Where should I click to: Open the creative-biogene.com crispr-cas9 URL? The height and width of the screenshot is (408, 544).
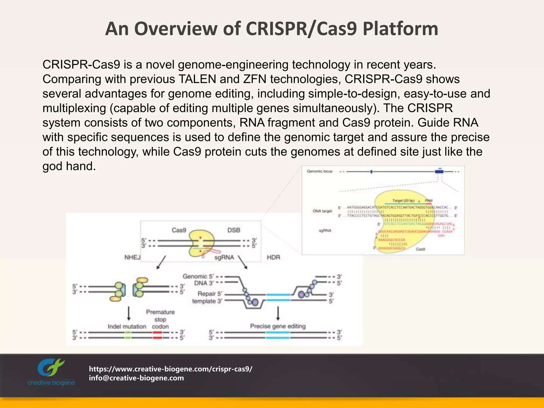point(171,369)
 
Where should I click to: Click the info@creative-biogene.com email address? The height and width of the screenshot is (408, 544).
point(136,378)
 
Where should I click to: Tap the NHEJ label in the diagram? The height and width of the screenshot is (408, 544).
point(132,257)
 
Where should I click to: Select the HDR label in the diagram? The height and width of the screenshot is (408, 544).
point(273,257)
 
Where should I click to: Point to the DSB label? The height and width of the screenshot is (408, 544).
point(233,230)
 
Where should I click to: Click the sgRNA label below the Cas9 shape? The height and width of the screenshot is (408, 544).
point(224,257)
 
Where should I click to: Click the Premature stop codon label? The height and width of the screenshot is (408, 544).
point(160,319)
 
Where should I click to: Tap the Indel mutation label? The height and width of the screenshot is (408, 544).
point(127,326)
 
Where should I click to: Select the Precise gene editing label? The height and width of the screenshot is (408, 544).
point(278,326)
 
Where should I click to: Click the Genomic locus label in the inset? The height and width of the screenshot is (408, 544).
point(320,171)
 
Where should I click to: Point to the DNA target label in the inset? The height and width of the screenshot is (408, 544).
point(322,211)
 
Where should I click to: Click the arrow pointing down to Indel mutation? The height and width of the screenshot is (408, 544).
point(129,314)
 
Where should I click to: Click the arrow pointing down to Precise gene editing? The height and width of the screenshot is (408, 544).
point(278,314)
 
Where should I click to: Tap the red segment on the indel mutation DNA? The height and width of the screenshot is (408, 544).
point(157,335)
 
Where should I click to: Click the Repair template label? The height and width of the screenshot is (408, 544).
point(207,297)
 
